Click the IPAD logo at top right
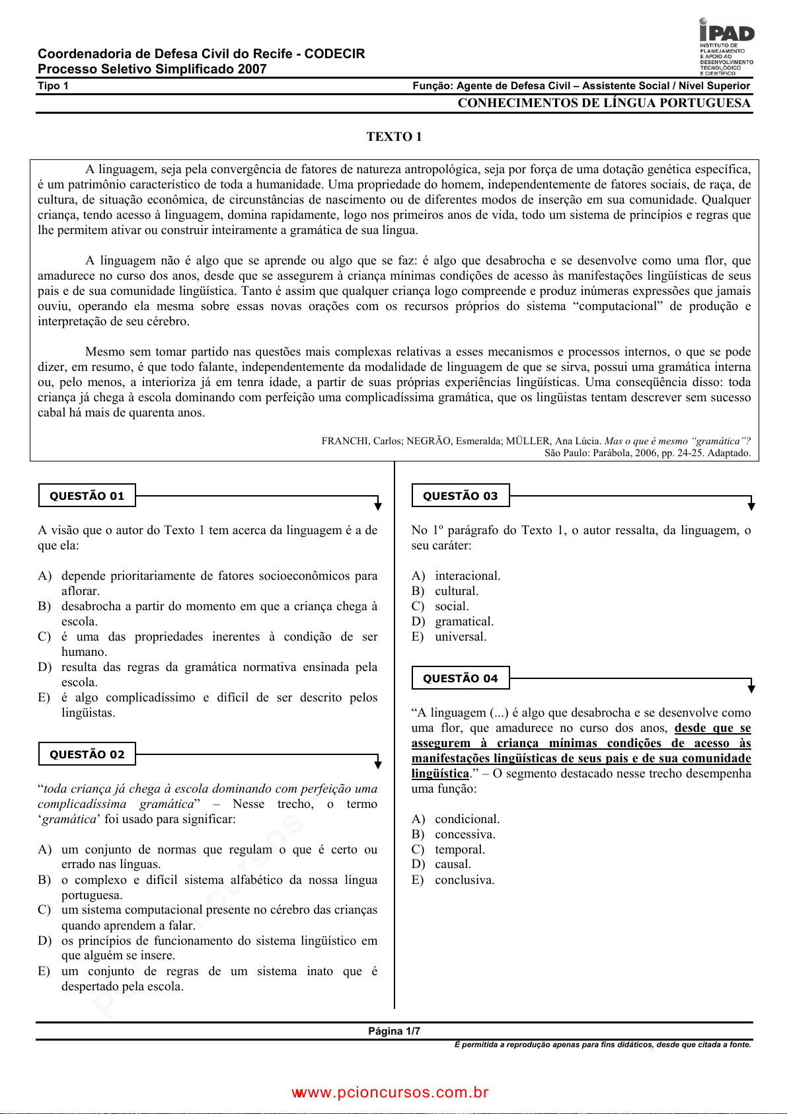coord(726,46)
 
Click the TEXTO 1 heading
coord(394,137)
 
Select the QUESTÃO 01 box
coord(87,496)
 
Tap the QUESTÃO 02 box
coord(87,754)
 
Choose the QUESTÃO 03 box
coord(461,496)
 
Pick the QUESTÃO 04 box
coord(461,678)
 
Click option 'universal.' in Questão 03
coord(461,637)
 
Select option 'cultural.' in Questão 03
coord(457,591)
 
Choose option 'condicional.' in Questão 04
coord(467,819)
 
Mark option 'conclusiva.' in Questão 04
coord(465,880)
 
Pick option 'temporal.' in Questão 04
coord(460,850)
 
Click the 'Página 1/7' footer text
coord(394,1031)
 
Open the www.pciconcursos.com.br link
coord(391,1093)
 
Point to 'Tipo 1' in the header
coord(53,86)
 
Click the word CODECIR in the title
coord(334,54)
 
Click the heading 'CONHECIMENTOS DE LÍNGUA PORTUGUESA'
coord(604,103)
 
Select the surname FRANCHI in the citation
coord(344,441)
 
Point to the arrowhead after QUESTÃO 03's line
coord(751,506)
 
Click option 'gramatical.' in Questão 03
coord(464,621)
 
